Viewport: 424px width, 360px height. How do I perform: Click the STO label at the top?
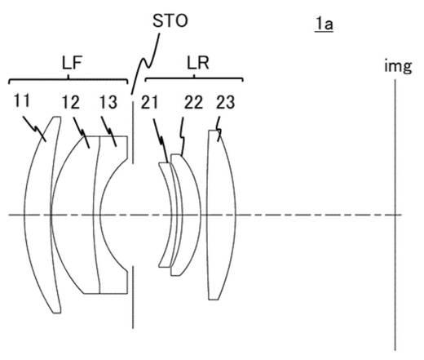pos(170,21)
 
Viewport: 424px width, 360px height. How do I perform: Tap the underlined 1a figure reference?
pos(324,24)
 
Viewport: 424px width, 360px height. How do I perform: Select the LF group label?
pos(72,63)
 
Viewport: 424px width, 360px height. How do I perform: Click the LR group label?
pos(198,63)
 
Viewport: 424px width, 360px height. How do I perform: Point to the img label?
pos(398,66)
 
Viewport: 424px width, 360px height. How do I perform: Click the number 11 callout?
pos(22,100)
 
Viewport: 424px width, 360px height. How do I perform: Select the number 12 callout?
pos(71,102)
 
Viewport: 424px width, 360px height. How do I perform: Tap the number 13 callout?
pos(108,102)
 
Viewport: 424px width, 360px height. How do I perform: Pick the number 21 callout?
pos(149,103)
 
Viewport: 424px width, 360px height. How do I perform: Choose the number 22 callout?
pos(194,103)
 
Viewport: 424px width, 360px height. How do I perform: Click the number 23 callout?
pos(225,103)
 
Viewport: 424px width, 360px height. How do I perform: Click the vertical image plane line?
pos(395,215)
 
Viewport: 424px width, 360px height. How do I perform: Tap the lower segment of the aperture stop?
pos(133,297)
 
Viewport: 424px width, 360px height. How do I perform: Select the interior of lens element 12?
pos(73,215)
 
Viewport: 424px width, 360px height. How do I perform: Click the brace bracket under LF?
pos(68,79)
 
